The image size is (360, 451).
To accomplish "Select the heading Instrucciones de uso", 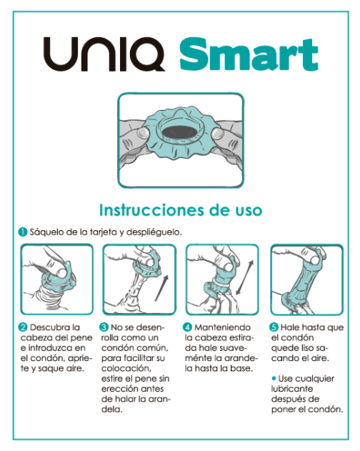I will [x=179, y=210].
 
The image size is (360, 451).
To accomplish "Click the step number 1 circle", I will [x=23, y=232].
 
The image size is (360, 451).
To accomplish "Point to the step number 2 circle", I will [x=23, y=327].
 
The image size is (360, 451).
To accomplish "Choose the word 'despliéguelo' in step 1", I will [x=153, y=232].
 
